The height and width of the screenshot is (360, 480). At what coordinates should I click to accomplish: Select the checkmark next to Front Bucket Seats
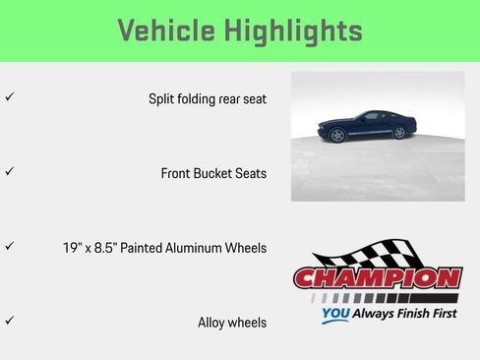[x=9, y=171]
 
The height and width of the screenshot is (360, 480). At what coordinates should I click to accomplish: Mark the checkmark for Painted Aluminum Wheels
[x=9, y=246]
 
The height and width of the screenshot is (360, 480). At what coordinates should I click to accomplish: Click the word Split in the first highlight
[x=160, y=99]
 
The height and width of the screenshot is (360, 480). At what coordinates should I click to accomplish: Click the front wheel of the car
[x=338, y=135]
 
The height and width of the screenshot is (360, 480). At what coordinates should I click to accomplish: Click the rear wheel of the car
[x=393, y=134]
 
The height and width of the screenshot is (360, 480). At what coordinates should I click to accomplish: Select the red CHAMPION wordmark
[x=378, y=277]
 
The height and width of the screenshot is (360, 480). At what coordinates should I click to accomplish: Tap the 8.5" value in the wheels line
[x=114, y=248]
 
